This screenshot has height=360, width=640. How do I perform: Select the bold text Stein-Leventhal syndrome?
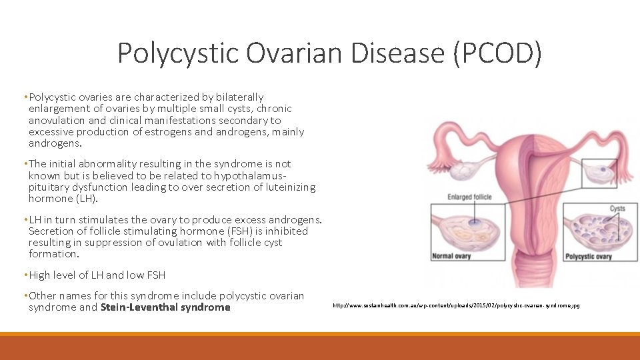click(165, 307)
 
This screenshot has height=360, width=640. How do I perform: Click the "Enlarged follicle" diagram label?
click(469, 197)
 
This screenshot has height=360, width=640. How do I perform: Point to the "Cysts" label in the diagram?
click(617, 208)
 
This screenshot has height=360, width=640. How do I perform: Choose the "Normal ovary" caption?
click(452, 257)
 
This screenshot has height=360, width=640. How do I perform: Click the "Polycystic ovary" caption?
click(589, 257)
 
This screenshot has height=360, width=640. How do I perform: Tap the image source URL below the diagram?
click(456, 305)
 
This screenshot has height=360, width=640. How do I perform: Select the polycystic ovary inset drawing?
click(597, 230)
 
